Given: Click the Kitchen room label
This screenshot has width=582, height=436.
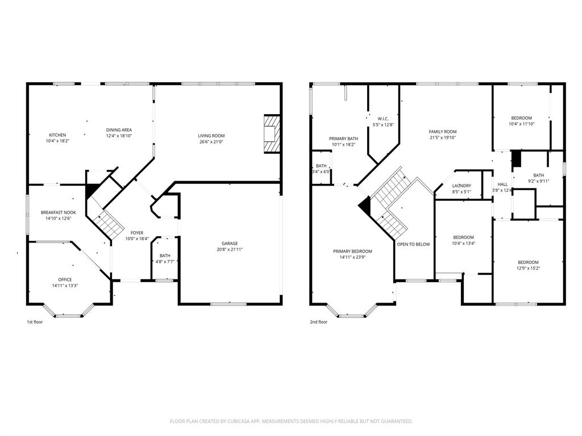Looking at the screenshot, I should coord(57,135).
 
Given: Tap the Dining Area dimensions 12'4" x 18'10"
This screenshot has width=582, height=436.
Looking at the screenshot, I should coord(119,136).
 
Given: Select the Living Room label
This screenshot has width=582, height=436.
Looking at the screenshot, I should coord(211,136).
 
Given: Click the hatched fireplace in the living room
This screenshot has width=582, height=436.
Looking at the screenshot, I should coord(272,134).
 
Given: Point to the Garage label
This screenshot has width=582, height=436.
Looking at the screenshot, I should coord(230,244).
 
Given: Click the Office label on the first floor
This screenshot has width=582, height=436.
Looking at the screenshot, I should coord(65,279).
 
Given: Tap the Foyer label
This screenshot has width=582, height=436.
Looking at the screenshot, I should coord(137,233).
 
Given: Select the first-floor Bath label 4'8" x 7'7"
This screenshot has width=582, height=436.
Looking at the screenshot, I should coord(165,255).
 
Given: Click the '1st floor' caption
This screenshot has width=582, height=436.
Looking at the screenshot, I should coord(35,322).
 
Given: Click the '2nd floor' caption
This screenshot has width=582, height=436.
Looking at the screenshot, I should coord(318,322).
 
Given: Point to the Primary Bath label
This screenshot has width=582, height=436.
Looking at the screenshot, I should coord(343,139).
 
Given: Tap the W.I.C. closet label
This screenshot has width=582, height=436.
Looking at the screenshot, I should coord(383,119).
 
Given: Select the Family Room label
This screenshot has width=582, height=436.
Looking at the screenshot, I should coord(443,132).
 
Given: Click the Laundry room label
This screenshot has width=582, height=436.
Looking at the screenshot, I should coord(462,186).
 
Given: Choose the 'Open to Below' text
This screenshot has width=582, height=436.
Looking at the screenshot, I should coord(413,244).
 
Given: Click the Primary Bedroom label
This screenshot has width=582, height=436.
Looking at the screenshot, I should coord(352,251).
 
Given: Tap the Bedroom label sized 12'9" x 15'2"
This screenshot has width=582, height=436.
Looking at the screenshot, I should coord(528,262).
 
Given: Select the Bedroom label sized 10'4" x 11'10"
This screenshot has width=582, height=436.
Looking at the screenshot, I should coord(521,118).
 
